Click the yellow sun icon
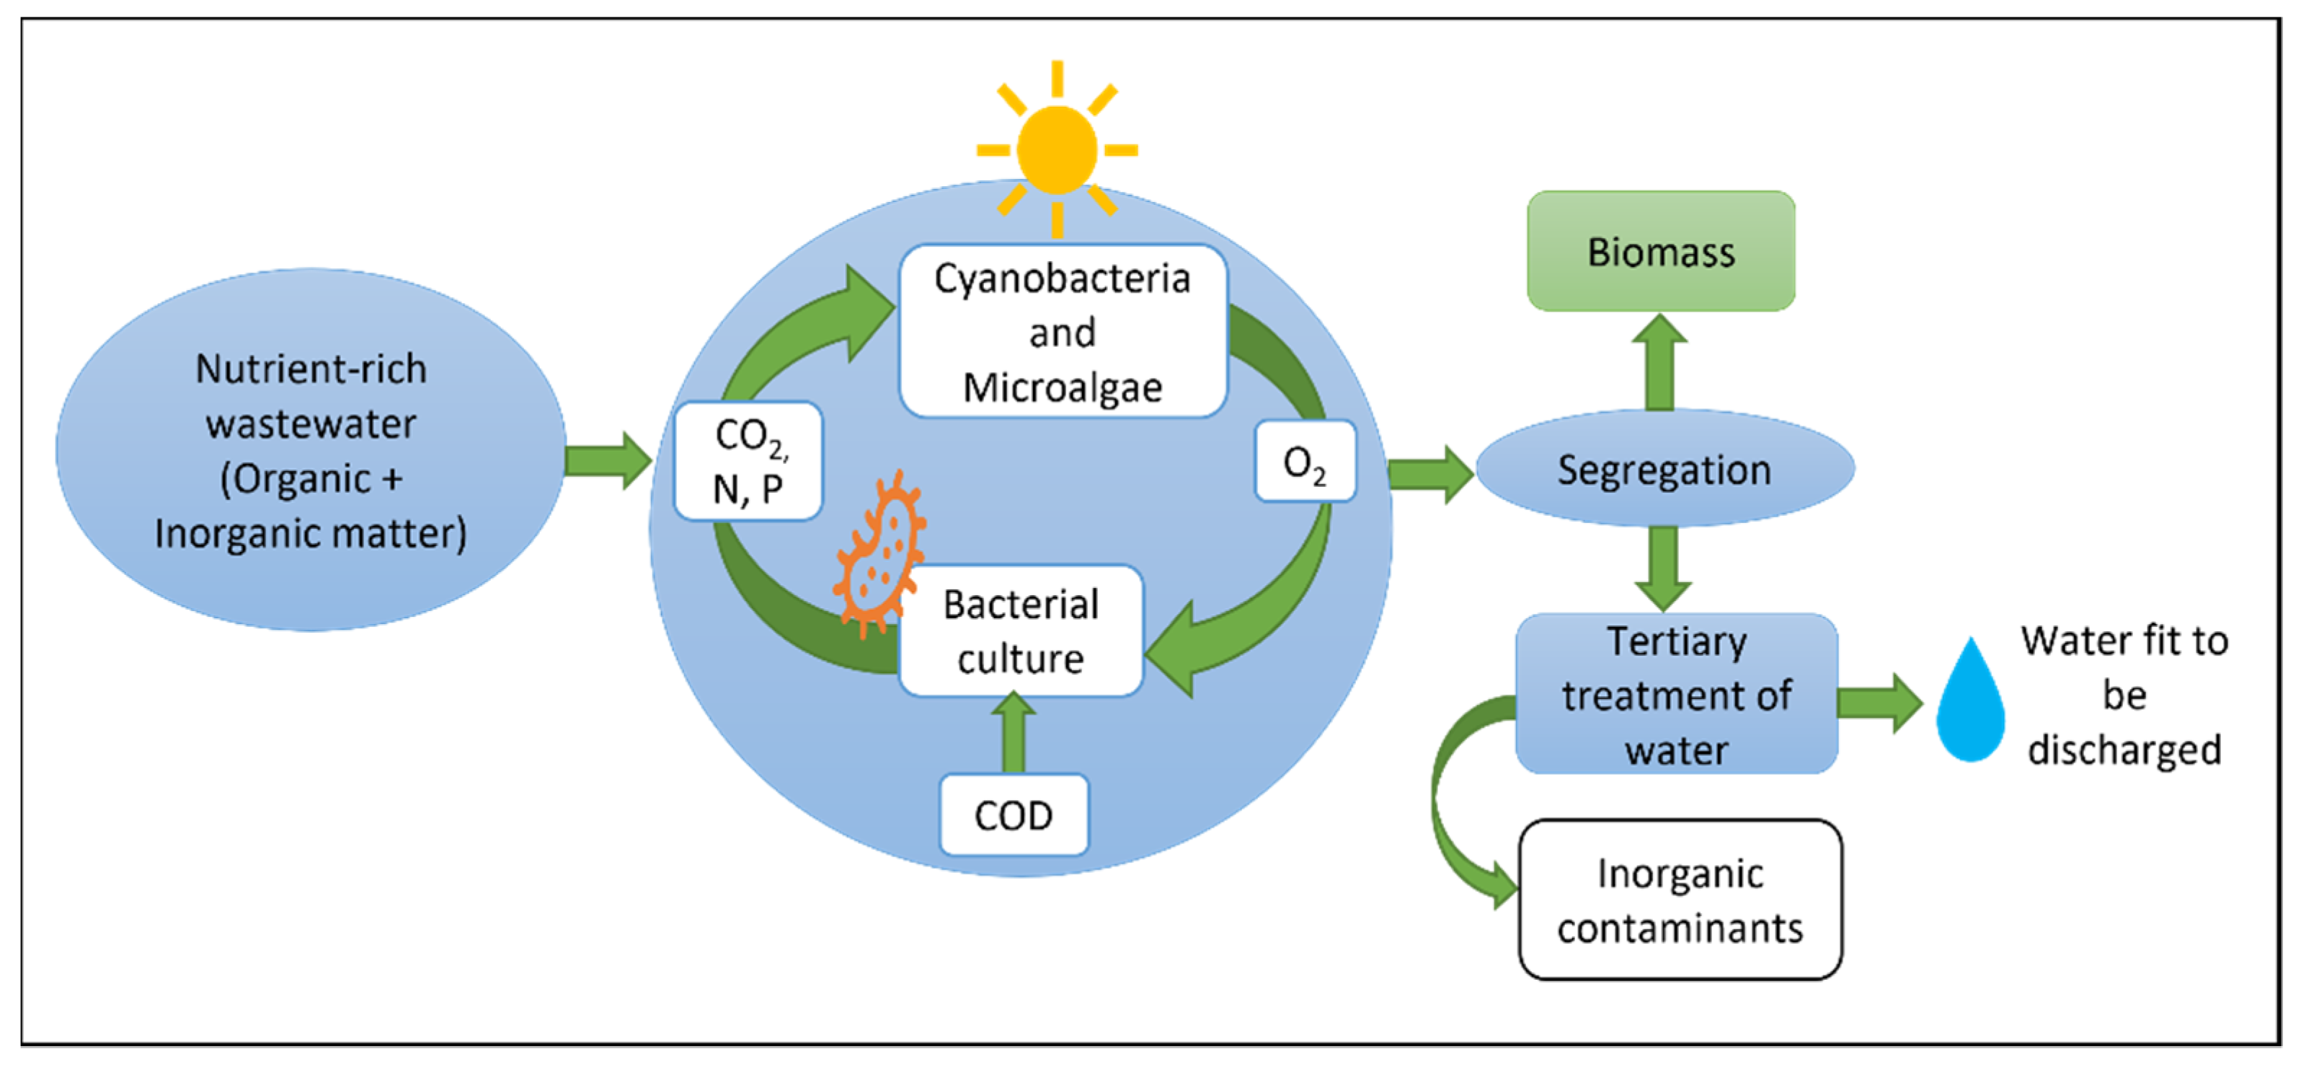[1057, 150]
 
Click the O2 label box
[1304, 462]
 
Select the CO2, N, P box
[748, 460]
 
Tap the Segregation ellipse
[1664, 468]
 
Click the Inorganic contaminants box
[1680, 899]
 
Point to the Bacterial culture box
[1020, 631]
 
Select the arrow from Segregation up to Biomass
[1659, 362]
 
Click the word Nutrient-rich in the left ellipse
[311, 369]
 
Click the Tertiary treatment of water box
[1676, 694]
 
